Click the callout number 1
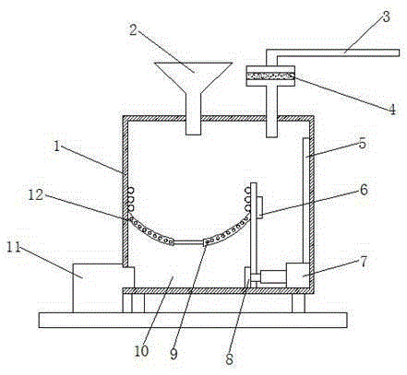pyautogui.click(x=56, y=146)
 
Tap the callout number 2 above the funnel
pyautogui.click(x=133, y=29)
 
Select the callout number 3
pyautogui.click(x=386, y=17)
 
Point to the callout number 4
pyautogui.click(x=392, y=110)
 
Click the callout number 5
pyautogui.click(x=363, y=144)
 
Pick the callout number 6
pyautogui.click(x=364, y=190)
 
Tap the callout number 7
pyautogui.click(x=364, y=262)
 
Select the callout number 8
pyautogui.click(x=230, y=359)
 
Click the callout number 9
pyautogui.click(x=174, y=355)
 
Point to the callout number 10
pyautogui.click(x=141, y=351)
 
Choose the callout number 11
pyautogui.click(x=14, y=247)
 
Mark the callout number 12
pyautogui.click(x=36, y=194)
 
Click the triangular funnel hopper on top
pyautogui.click(x=193, y=76)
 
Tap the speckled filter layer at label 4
pyautogui.click(x=270, y=76)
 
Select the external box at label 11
pyautogui.click(x=98, y=288)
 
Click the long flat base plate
pyautogui.click(x=193, y=320)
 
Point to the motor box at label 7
pyautogui.click(x=298, y=275)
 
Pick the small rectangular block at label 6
pyautogui.click(x=259, y=207)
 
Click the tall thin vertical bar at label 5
pyautogui.click(x=305, y=201)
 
